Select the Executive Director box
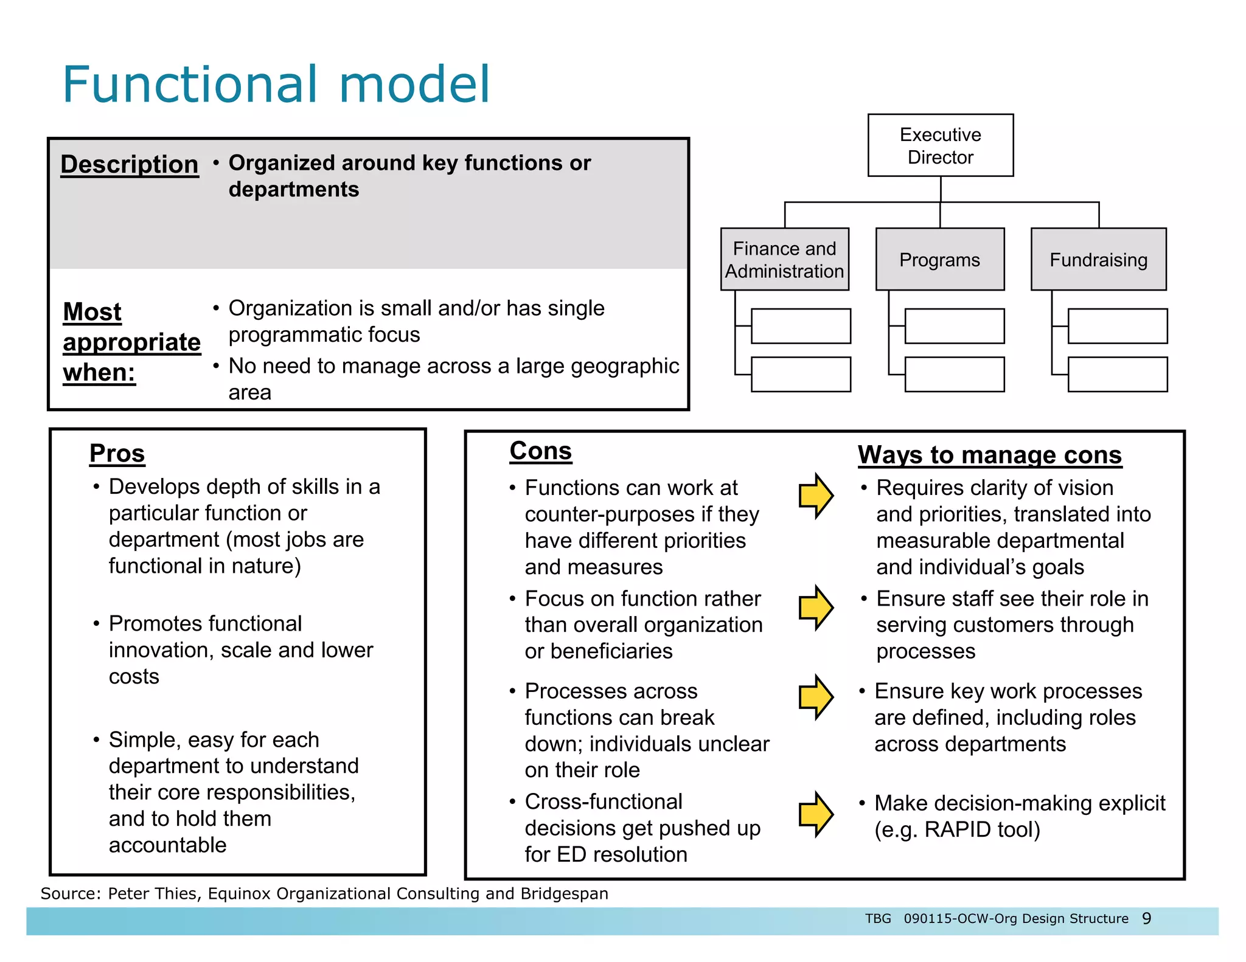click(x=940, y=145)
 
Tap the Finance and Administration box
click(x=784, y=260)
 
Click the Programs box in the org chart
click(x=939, y=260)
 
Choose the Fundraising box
click(x=1098, y=260)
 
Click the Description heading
click(x=130, y=164)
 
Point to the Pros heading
click(x=117, y=454)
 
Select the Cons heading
click(x=540, y=451)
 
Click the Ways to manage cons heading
click(x=989, y=455)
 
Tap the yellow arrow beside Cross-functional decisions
click(x=816, y=815)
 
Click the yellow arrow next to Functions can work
click(x=816, y=496)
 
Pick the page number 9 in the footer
click(x=1146, y=918)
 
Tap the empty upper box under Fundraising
click(x=1117, y=327)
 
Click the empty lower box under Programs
click(x=954, y=375)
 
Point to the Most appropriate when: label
click(x=131, y=342)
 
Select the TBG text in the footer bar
click(x=878, y=918)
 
